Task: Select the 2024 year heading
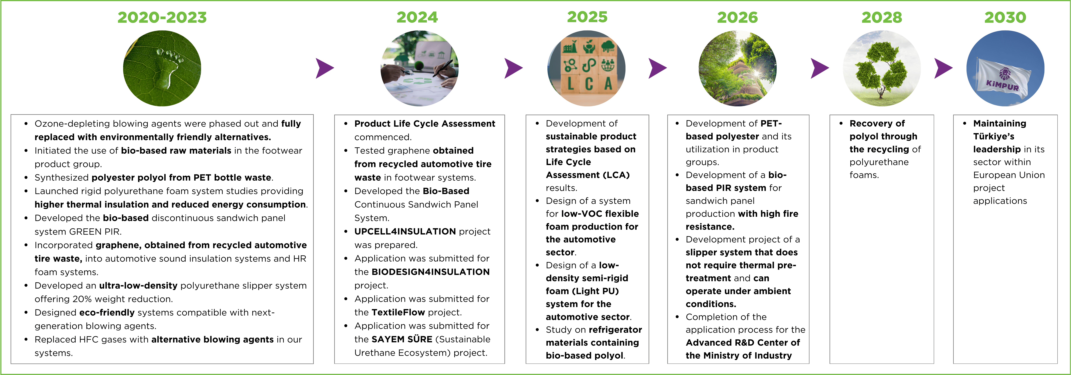[x=417, y=17]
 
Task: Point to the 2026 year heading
[x=737, y=17]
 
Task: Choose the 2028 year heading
[x=881, y=17]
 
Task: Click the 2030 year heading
[x=1005, y=17]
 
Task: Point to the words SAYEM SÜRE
[x=402, y=339]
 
